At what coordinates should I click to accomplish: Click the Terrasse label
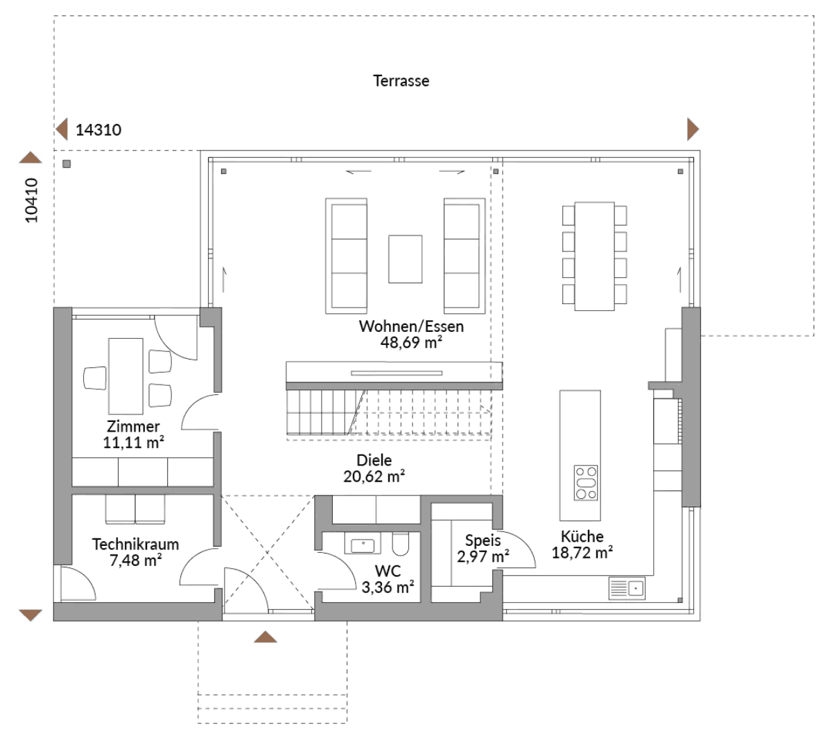(x=401, y=80)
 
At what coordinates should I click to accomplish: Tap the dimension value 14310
(x=98, y=130)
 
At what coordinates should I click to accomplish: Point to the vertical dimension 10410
(x=32, y=200)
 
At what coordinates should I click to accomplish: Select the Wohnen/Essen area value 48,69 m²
(x=411, y=342)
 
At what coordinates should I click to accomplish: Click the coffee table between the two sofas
(x=405, y=259)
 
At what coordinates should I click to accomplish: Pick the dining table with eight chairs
(x=594, y=256)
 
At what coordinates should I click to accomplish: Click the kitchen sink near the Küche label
(x=627, y=588)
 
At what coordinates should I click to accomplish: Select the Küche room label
(x=582, y=536)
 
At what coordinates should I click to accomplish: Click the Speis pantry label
(x=483, y=540)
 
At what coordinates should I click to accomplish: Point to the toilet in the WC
(x=401, y=544)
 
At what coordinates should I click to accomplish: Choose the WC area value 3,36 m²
(x=388, y=588)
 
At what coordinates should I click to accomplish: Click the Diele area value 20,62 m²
(x=374, y=476)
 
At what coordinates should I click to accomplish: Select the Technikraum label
(x=135, y=544)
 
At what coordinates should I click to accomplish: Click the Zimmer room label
(x=133, y=426)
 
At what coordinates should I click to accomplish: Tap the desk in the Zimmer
(x=125, y=376)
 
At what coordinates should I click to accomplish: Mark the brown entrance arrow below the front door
(x=265, y=637)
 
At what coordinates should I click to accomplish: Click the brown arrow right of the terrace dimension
(x=692, y=129)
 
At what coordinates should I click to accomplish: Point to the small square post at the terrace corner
(x=67, y=164)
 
